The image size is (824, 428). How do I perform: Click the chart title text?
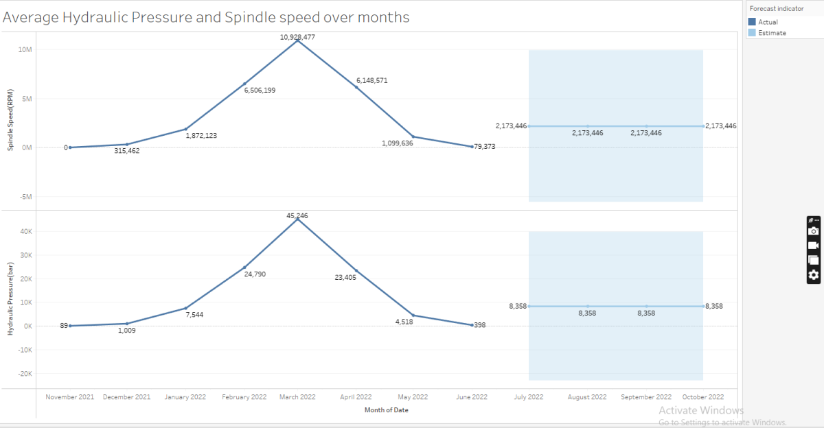206,18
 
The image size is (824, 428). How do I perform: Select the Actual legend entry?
768,22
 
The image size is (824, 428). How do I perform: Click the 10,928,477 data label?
297,37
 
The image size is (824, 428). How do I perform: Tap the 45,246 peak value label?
297,215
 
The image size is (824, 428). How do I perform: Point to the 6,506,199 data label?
260,90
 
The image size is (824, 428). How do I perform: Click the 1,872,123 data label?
201,136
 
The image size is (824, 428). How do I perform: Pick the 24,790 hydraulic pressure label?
255,274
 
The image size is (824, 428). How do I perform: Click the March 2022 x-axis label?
297,397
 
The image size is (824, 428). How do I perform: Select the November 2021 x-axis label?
70,397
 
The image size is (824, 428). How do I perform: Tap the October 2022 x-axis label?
702,397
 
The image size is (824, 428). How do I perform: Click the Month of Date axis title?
386,410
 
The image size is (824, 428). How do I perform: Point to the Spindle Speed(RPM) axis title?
10,123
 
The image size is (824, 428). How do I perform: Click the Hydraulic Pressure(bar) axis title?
10,302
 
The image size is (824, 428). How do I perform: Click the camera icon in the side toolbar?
814,231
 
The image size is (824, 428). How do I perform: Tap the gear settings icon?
814,275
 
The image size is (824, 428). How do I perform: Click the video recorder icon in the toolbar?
814,246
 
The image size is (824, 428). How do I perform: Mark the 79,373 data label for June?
484,147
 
